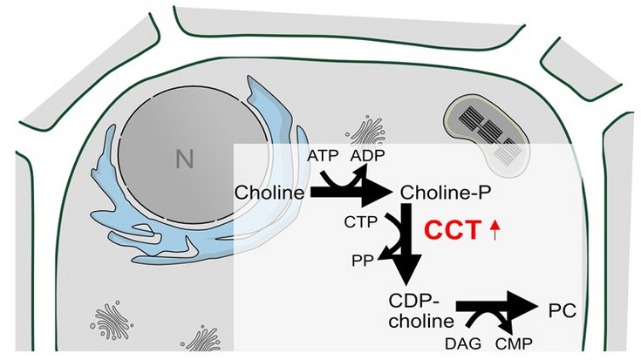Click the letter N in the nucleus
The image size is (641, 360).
point(183,159)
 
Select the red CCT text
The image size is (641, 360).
point(453,232)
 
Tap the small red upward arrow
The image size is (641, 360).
point(495,232)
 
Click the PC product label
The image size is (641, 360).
point(563,309)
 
